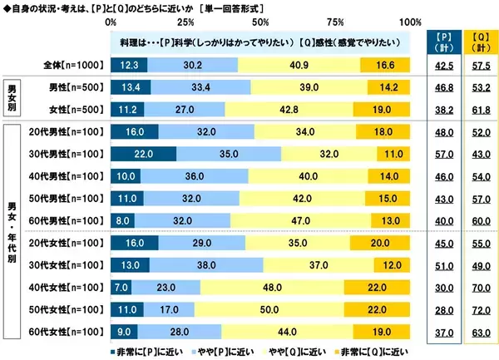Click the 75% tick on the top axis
[x=335, y=21]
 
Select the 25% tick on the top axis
[x=185, y=21]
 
